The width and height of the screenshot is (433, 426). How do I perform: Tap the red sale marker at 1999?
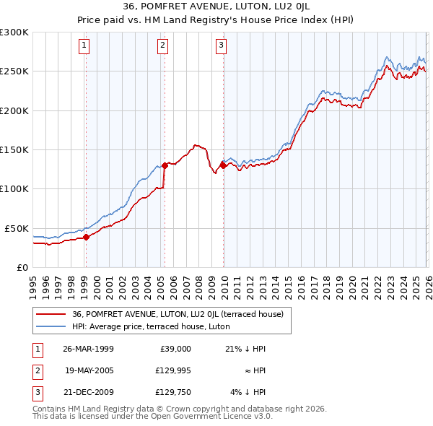click(x=86, y=236)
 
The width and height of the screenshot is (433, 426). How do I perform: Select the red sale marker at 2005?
click(x=165, y=165)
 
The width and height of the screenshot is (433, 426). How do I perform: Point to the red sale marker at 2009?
click(x=223, y=165)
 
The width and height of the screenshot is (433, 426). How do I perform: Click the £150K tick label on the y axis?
click(x=14, y=149)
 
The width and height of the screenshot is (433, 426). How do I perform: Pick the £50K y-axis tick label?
click(x=17, y=228)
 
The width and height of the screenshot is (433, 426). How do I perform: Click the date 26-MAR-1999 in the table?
click(x=87, y=349)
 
